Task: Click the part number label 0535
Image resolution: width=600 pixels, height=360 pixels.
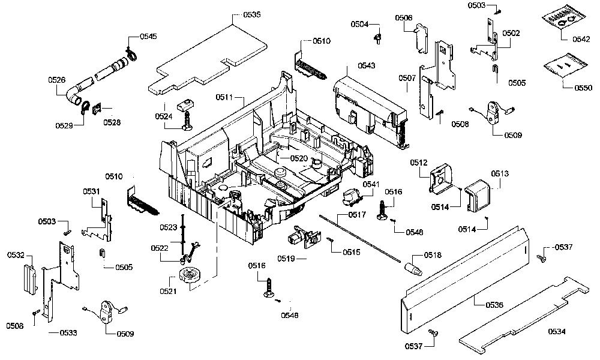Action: [252, 14]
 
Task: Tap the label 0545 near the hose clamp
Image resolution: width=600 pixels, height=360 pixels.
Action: [148, 37]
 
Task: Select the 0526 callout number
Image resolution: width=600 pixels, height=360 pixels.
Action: [56, 80]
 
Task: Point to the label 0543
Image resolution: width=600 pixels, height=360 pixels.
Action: [367, 65]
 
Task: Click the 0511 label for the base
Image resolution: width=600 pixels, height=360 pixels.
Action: [224, 97]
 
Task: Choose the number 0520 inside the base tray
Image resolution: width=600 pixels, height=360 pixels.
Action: [299, 158]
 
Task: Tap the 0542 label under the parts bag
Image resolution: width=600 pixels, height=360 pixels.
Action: [581, 39]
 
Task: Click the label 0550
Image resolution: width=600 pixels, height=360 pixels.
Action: [583, 88]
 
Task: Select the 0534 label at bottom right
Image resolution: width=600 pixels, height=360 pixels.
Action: [557, 331]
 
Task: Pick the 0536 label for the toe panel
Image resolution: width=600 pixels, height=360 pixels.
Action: [494, 305]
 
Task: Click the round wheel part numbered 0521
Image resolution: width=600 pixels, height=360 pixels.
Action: [190, 276]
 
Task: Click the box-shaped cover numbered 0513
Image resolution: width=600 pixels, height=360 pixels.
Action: [478, 195]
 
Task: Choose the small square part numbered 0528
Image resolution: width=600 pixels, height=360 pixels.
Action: [98, 109]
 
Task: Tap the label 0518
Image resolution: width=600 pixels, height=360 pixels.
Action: [433, 255]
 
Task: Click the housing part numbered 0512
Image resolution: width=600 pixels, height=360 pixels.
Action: [440, 178]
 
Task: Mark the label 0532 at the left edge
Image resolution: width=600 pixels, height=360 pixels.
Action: [16, 255]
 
